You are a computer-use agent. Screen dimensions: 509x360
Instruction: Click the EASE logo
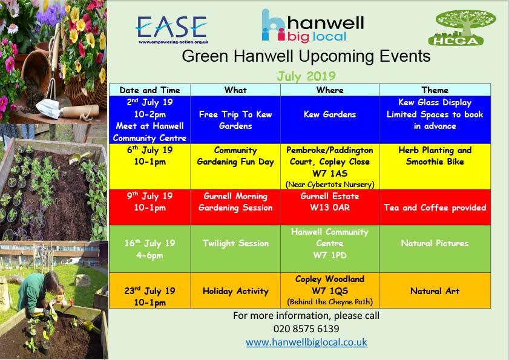click(172, 29)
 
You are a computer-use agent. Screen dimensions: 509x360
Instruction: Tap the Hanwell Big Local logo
click(313, 26)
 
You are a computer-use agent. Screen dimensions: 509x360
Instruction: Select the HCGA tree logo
click(462, 28)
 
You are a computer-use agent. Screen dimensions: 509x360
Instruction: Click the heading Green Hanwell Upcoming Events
click(306, 56)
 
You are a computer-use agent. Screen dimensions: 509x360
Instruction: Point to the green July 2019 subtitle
click(306, 76)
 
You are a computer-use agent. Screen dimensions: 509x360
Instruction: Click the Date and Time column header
click(149, 90)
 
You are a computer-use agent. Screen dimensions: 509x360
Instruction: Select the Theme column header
click(435, 90)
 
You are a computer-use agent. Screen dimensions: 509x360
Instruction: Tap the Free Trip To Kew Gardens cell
click(235, 120)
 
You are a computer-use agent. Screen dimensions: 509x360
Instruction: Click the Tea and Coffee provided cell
click(435, 208)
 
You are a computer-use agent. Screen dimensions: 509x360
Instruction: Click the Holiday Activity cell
click(235, 291)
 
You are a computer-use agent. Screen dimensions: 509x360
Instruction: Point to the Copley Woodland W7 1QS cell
click(330, 290)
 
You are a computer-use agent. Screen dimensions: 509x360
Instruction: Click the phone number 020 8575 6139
click(306, 329)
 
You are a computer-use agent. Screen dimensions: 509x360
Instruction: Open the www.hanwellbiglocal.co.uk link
click(306, 342)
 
